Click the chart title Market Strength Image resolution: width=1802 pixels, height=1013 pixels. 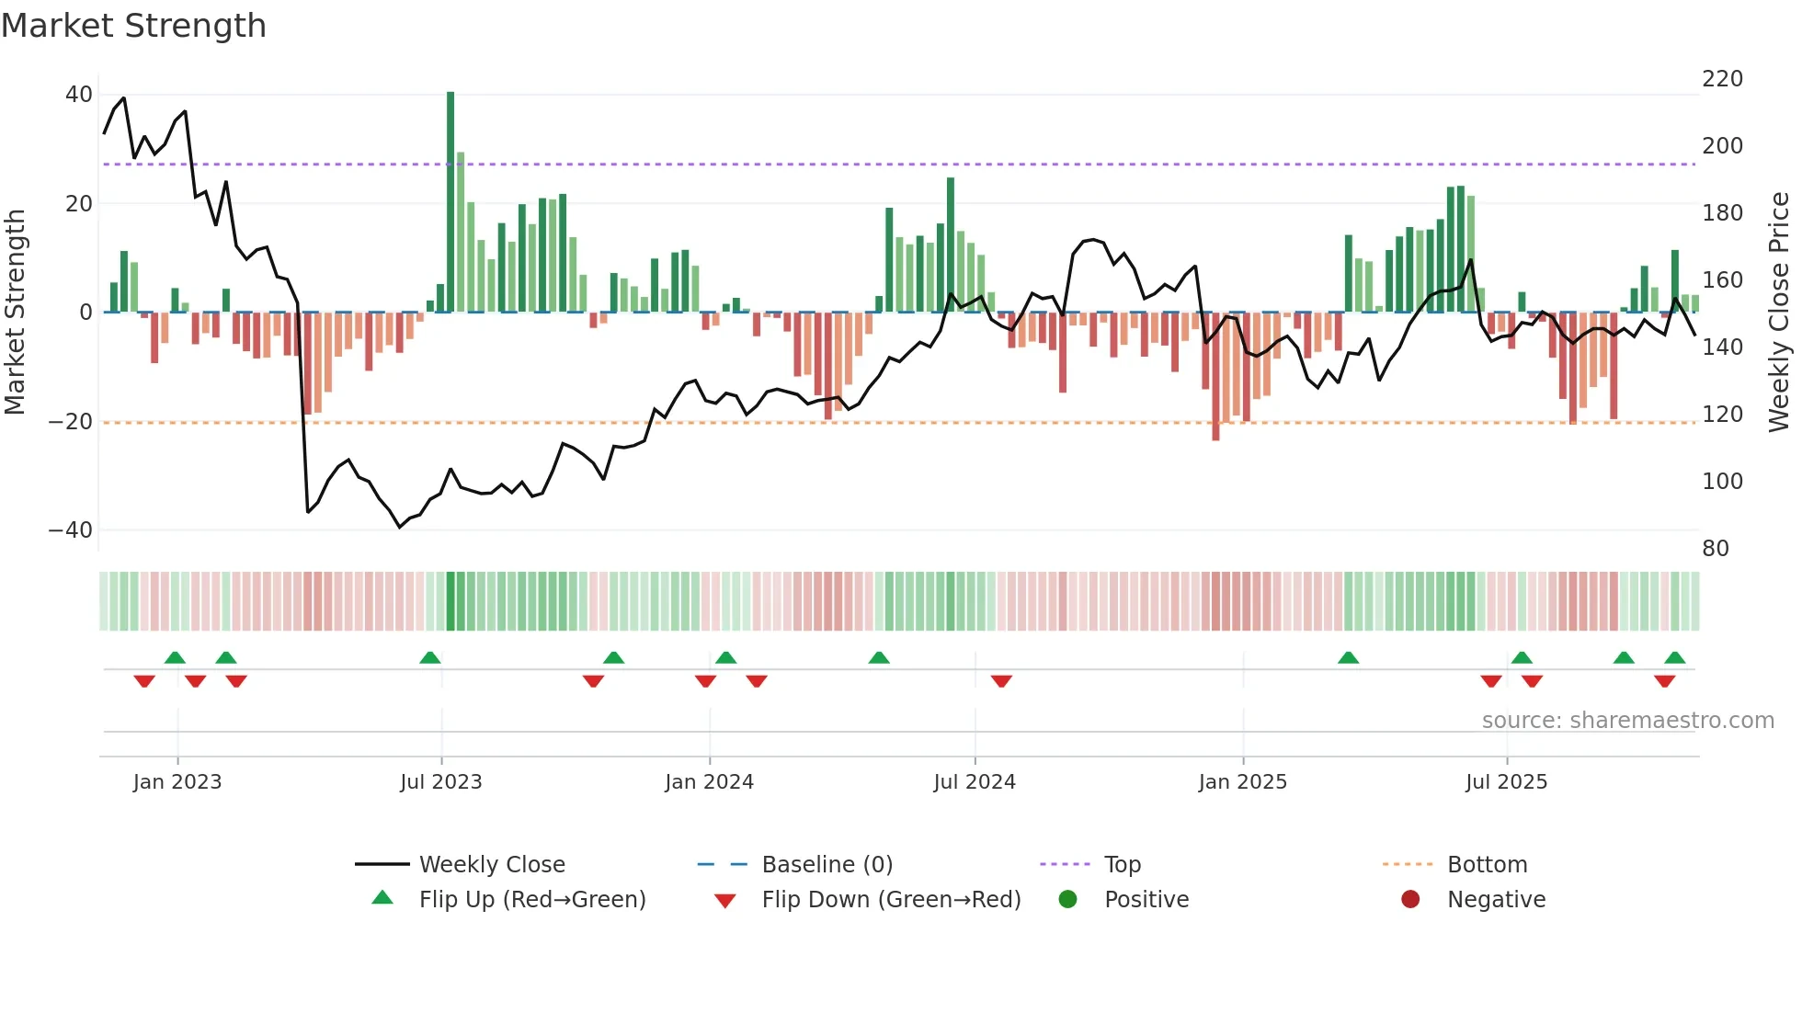coord(133,26)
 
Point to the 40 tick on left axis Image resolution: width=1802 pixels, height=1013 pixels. coord(79,95)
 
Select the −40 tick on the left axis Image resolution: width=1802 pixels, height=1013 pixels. coord(71,530)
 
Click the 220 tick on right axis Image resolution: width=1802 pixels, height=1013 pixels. coord(1722,79)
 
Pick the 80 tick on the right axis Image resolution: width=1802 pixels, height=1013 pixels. coord(1716,549)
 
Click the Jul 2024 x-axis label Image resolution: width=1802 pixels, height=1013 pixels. coord(975,782)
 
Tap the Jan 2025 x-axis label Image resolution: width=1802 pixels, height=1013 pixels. coord(1243,782)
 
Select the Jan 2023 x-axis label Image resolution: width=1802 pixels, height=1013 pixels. coord(177,782)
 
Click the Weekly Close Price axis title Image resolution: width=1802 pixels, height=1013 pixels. coord(1780,313)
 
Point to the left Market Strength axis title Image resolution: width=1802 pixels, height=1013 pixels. coord(15,313)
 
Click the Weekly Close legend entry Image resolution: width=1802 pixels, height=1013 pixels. coord(492,865)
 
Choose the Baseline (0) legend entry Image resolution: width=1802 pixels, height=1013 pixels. coord(827,865)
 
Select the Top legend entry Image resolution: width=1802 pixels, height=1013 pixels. coord(1123,865)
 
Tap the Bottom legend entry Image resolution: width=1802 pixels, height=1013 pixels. coord(1487,865)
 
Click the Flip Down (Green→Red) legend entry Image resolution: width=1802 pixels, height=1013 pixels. coord(891,900)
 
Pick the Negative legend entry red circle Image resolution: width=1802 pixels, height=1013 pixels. coord(1410,899)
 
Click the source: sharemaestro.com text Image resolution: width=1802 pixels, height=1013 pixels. coord(1627,721)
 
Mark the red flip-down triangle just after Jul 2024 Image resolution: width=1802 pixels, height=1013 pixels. coord(1001,681)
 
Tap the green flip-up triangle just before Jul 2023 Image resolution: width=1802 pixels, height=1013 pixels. coord(429,657)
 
